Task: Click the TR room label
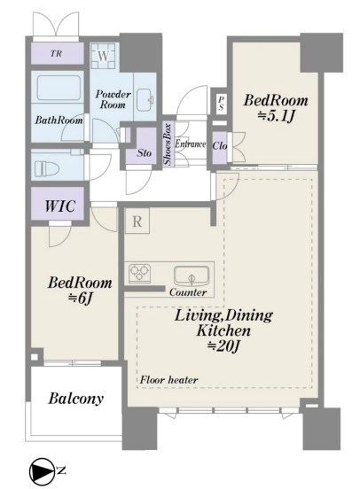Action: click(56, 53)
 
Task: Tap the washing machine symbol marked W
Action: click(104, 57)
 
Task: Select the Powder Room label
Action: click(113, 99)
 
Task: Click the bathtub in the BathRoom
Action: click(59, 88)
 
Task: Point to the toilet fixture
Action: click(47, 169)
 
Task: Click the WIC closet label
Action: click(60, 206)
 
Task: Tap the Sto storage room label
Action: click(145, 152)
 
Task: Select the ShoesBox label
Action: click(168, 144)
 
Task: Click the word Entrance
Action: click(190, 144)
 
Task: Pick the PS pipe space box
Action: click(221, 103)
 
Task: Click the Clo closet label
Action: click(220, 145)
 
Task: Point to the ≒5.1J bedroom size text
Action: click(276, 116)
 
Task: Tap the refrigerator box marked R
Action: click(137, 221)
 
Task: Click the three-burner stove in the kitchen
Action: click(139, 273)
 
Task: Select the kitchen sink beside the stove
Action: click(192, 276)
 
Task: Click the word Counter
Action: click(188, 292)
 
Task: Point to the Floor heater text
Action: click(168, 380)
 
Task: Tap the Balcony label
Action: click(75, 399)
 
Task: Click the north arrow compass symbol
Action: click(41, 470)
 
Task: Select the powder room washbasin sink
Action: click(145, 99)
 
